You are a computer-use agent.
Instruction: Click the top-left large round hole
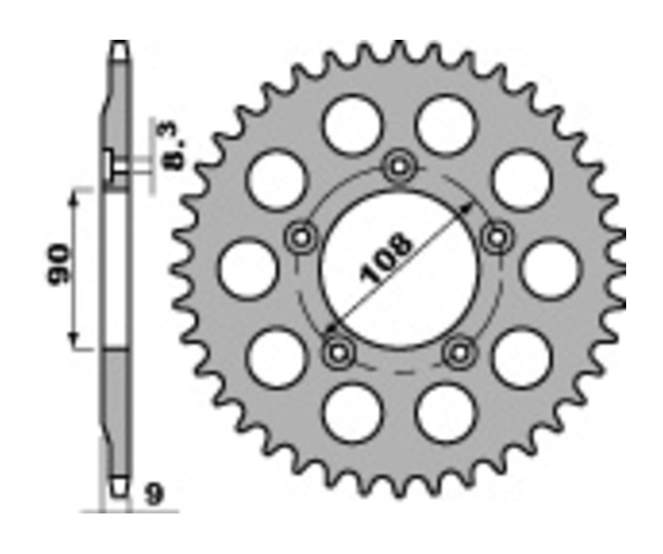(352, 125)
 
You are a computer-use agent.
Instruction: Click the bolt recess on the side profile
(109, 164)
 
